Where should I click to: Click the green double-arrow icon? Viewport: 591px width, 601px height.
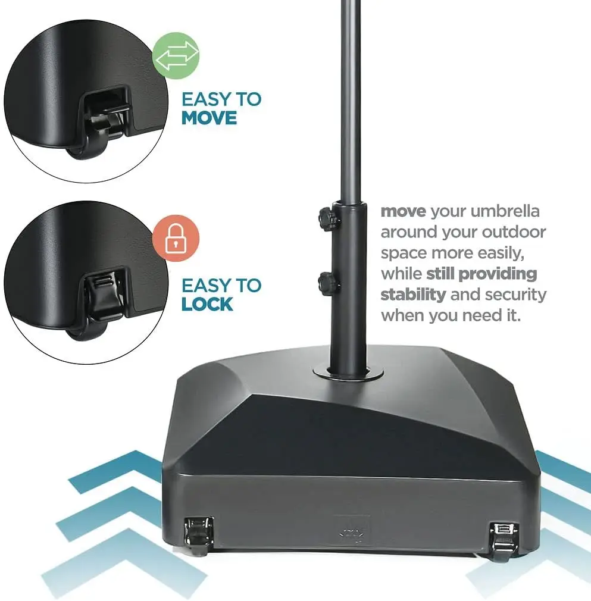coord(176,57)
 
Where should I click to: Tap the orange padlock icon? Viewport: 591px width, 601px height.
coord(175,242)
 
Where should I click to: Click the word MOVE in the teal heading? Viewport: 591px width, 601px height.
coord(209,118)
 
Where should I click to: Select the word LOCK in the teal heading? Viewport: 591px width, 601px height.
coord(207,304)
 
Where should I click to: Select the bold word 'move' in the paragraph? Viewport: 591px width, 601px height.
coord(403,211)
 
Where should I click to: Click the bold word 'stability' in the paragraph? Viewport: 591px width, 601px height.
coord(413,295)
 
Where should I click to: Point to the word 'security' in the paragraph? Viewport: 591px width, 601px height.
coord(515,295)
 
